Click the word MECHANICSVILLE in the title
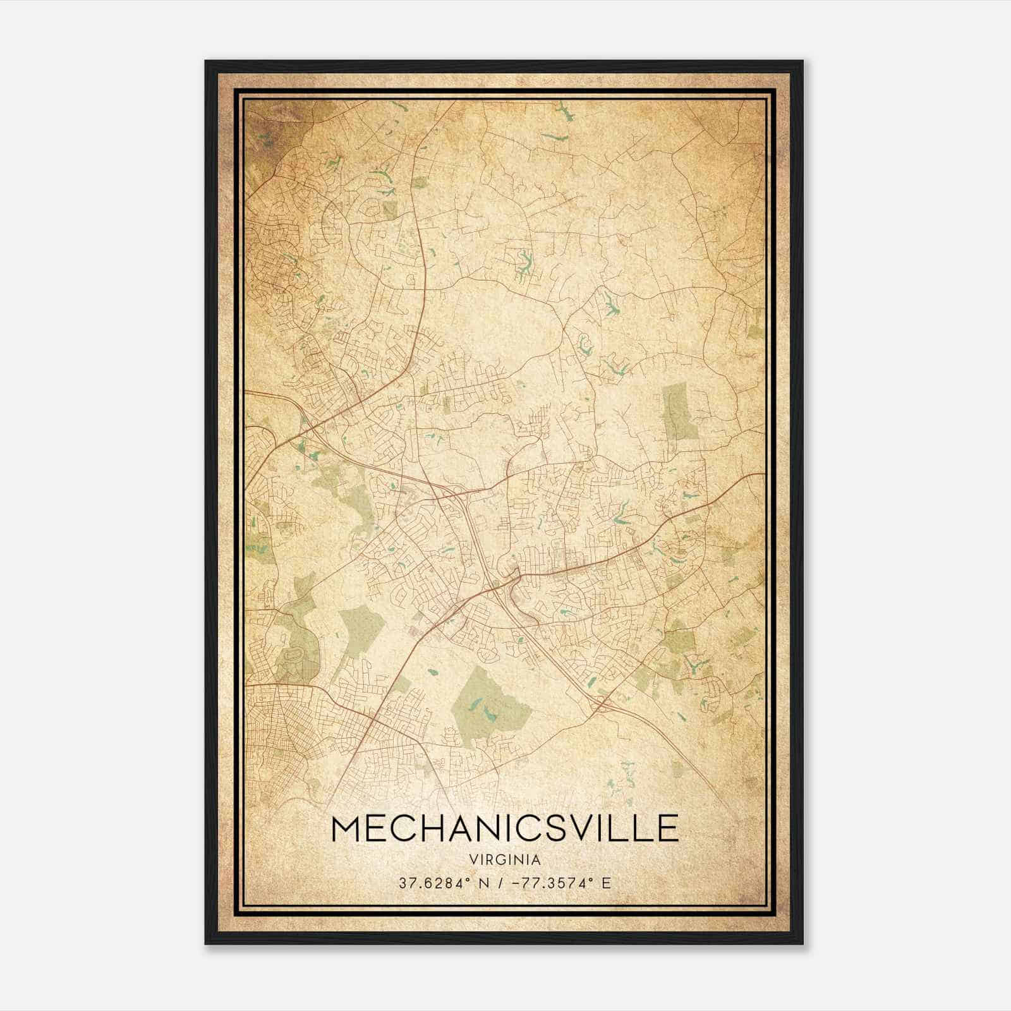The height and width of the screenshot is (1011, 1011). [x=504, y=828]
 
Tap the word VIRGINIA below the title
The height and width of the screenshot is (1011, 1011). [x=504, y=860]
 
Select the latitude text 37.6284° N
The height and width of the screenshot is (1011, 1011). [x=440, y=883]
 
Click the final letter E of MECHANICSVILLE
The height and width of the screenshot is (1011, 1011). [x=667, y=828]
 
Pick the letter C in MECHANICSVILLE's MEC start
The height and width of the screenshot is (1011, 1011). [x=401, y=828]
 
